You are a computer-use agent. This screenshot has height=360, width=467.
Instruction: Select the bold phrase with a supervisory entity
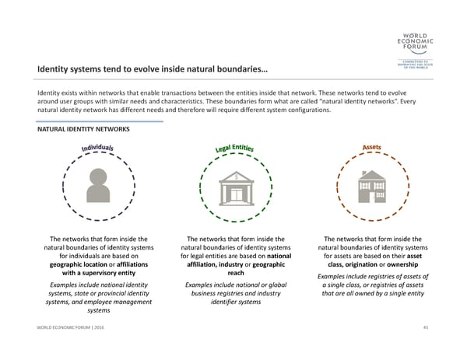tap(99, 274)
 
